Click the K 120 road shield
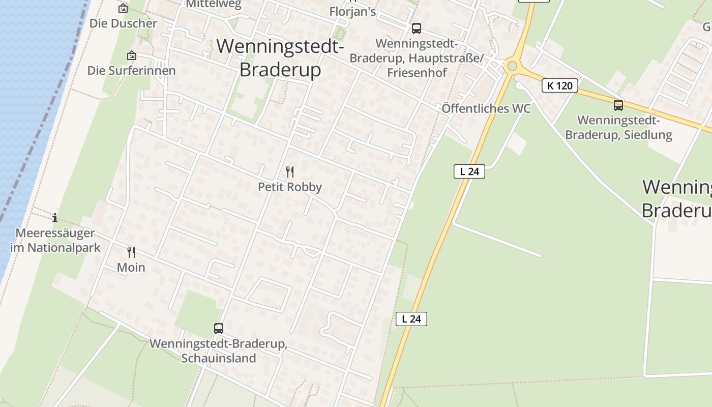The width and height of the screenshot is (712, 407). [x=560, y=85]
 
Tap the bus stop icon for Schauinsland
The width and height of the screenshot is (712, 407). [x=219, y=329]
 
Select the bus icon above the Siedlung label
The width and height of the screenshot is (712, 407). [x=618, y=105]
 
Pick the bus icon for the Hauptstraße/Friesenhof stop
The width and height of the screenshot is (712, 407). [x=417, y=28]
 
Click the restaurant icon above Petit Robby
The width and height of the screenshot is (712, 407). [x=290, y=172]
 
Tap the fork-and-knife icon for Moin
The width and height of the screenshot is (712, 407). [x=131, y=252]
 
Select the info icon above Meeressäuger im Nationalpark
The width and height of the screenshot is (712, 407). [x=55, y=218]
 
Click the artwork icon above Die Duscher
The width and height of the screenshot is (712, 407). [x=123, y=8]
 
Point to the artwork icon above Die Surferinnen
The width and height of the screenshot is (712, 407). [x=132, y=55]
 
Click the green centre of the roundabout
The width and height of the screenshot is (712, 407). [x=512, y=66]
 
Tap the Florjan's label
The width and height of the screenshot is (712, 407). [x=352, y=12]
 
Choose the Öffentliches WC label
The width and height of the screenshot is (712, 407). [x=486, y=108]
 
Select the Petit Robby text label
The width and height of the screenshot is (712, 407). [x=290, y=187]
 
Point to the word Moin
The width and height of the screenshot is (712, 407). [x=131, y=268]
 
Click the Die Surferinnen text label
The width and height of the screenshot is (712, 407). [x=132, y=71]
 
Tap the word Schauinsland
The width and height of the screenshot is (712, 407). [x=219, y=358]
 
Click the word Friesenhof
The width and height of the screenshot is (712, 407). [x=417, y=72]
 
